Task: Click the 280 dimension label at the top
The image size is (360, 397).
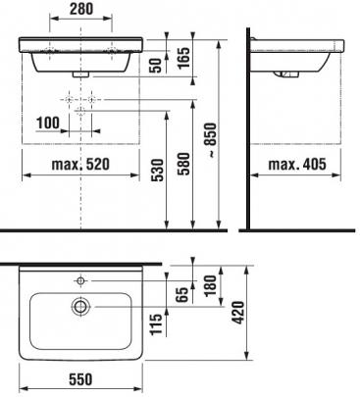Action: pos(81,9)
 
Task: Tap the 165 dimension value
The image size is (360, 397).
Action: pos(184,58)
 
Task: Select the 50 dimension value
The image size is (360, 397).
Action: pos(157,66)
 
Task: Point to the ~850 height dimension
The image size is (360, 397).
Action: pos(212,140)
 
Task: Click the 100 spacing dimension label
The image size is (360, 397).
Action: pos(48,123)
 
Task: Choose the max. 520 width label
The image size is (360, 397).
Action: pos(80,164)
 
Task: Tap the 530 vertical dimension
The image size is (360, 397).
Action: pos(158,170)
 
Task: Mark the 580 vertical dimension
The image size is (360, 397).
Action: pos(183,164)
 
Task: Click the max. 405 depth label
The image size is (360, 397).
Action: pos(297,164)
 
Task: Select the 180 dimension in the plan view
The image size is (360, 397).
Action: pos(211,283)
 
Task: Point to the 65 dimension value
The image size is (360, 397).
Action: pos(184,294)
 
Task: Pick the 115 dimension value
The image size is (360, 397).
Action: pos(156,323)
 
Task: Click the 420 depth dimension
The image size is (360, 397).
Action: pos(239,313)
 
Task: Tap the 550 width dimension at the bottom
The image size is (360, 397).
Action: pos(80,379)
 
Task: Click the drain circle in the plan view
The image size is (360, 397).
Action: pos(79,307)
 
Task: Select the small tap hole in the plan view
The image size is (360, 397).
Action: pos(80,280)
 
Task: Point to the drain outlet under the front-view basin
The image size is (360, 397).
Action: pos(80,74)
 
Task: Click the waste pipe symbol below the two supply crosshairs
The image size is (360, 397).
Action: pos(80,112)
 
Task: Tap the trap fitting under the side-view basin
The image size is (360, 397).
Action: pos(286,74)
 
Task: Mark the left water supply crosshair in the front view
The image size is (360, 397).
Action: pos(69,99)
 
